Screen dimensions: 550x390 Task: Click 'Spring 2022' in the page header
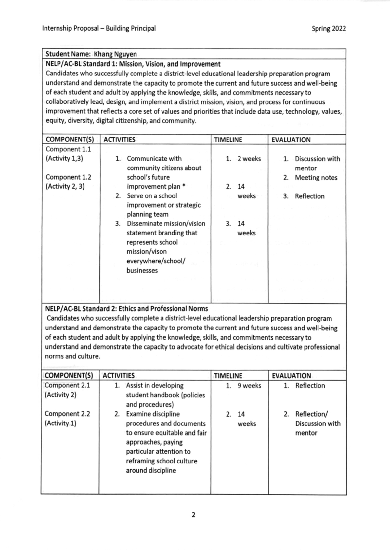coord(329,28)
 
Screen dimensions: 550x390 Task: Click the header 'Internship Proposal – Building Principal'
coord(99,28)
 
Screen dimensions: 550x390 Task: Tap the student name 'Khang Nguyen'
coord(115,54)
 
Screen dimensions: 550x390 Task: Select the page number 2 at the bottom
coord(193,515)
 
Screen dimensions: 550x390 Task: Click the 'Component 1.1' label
coord(68,149)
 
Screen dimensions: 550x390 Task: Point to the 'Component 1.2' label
coord(68,177)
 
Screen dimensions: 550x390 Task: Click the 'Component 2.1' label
coord(67,385)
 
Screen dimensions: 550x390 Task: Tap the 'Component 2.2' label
coord(67,414)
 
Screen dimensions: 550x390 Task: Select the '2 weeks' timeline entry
coord(249,159)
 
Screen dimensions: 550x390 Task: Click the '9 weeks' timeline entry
coord(249,386)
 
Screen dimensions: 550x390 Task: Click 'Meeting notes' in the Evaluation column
coord(316,178)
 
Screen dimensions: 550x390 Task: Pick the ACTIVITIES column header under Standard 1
coord(119,140)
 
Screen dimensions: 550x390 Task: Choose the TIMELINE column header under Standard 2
coord(228,376)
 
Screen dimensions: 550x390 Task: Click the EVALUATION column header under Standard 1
coord(291,140)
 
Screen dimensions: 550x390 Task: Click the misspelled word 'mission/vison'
coord(147,251)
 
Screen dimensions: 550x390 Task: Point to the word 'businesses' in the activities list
coord(142,271)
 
